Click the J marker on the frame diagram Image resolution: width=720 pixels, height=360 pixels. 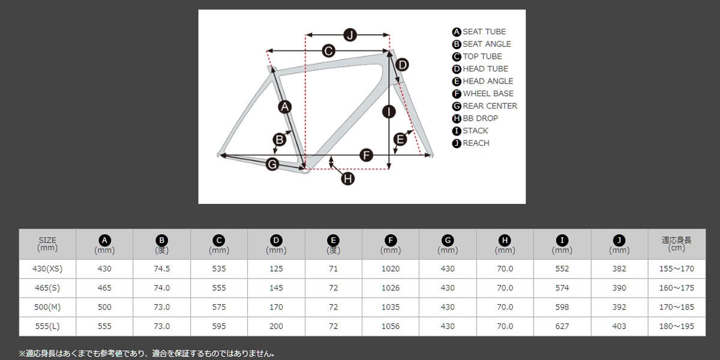click(350, 35)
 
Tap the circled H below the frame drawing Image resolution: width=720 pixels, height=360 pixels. click(348, 179)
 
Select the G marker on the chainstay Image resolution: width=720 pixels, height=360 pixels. click(272, 164)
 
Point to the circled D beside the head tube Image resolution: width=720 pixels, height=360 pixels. click(402, 65)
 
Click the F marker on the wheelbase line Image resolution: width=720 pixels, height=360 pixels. click(366, 155)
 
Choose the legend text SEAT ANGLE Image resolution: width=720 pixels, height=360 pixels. click(487, 44)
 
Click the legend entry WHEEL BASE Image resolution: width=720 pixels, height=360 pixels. click(488, 94)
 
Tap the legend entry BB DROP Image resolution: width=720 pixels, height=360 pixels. click(480, 118)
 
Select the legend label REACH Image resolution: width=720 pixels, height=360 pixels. click(476, 143)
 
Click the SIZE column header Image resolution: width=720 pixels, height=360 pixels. click(47, 244)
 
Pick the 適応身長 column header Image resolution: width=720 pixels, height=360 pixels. click(676, 244)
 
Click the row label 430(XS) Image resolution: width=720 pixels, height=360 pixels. click(47, 269)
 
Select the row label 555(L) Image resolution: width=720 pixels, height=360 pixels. click(47, 326)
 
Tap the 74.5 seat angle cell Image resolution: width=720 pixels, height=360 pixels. click(161, 269)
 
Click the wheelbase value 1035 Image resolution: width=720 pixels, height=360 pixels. click(391, 307)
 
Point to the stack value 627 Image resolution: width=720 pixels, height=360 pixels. click(562, 326)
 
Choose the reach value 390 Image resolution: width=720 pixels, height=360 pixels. click(619, 287)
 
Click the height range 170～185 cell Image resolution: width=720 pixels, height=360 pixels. click(677, 307)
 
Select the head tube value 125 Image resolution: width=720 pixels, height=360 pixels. click(276, 269)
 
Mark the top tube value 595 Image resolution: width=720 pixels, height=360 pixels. click(219, 326)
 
